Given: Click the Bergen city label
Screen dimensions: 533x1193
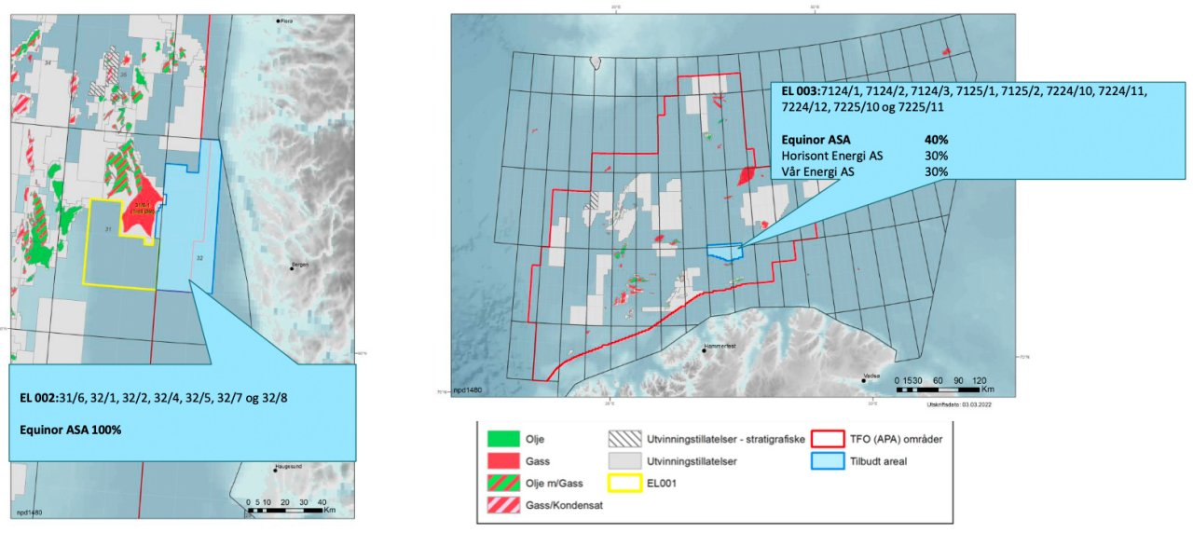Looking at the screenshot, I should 300,265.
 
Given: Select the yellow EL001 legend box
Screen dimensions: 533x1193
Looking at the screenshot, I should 623,483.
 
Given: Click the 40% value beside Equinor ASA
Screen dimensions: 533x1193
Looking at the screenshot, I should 936,139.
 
